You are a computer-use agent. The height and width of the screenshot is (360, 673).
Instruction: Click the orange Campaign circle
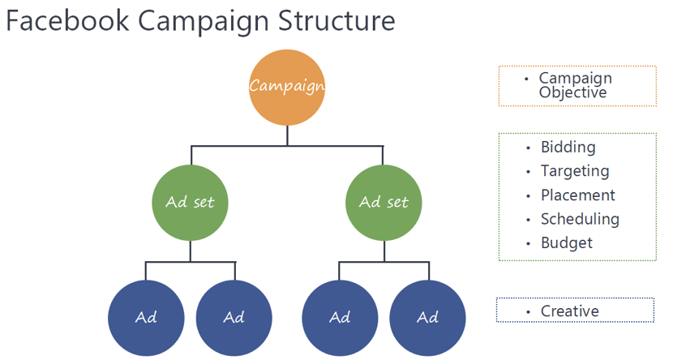pyautogui.click(x=287, y=88)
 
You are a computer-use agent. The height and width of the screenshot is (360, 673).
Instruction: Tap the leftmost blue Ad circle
pyautogui.click(x=146, y=317)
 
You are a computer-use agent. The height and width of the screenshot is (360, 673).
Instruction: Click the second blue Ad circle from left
pyautogui.click(x=234, y=317)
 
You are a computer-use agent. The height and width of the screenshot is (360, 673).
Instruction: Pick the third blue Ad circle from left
pyautogui.click(x=340, y=317)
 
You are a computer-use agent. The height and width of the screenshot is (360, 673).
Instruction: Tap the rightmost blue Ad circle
pyautogui.click(x=427, y=317)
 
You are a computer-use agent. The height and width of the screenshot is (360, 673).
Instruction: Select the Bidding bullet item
pyautogui.click(x=568, y=148)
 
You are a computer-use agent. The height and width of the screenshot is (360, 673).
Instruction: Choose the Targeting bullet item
pyautogui.click(x=574, y=171)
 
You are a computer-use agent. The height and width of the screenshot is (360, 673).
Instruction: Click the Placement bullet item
pyautogui.click(x=577, y=195)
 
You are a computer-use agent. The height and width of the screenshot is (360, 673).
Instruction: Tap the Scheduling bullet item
pyautogui.click(x=580, y=219)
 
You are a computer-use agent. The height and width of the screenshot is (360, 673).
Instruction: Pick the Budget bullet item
pyautogui.click(x=566, y=243)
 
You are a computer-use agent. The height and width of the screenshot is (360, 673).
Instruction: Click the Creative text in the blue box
pyautogui.click(x=569, y=311)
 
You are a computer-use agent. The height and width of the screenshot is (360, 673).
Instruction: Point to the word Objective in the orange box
pyautogui.click(x=572, y=92)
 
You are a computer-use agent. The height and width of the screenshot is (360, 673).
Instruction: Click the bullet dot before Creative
pyautogui.click(x=529, y=312)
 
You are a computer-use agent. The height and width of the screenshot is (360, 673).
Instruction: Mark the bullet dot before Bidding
pyautogui.click(x=529, y=148)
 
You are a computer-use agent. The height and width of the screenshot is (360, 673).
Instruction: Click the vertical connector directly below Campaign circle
pyautogui.click(x=287, y=136)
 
